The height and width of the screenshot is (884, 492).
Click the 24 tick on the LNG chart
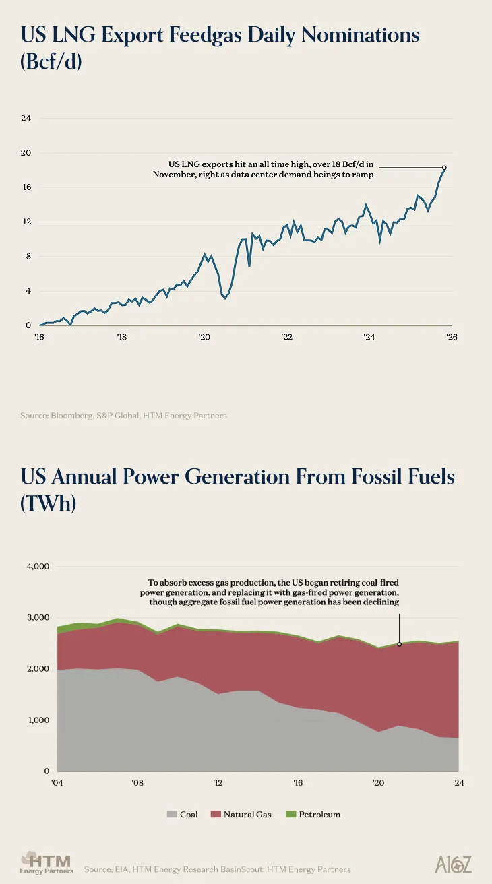[26, 119]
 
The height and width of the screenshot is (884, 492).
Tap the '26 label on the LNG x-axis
[452, 337]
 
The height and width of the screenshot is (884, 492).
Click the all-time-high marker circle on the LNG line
[444, 167]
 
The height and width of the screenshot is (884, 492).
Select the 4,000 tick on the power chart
[38, 567]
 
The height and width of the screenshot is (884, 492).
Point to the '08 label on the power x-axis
[137, 783]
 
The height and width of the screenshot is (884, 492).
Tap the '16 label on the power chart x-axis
[298, 783]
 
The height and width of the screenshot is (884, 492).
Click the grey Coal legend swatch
[171, 815]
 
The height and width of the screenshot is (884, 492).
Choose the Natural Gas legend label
[247, 815]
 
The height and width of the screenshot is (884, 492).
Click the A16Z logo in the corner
[454, 864]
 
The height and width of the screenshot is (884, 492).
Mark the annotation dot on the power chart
[400, 644]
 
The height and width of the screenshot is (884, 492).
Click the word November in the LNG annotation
[175, 175]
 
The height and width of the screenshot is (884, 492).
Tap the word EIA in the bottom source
[122, 869]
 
